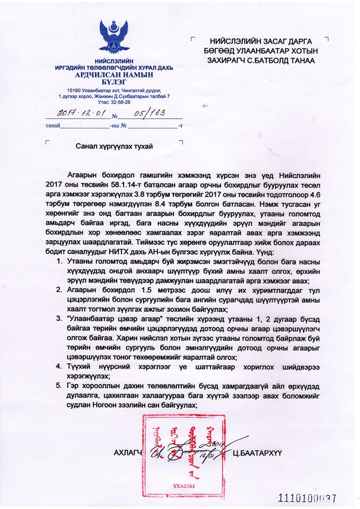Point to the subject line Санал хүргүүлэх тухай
[x=111, y=147]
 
